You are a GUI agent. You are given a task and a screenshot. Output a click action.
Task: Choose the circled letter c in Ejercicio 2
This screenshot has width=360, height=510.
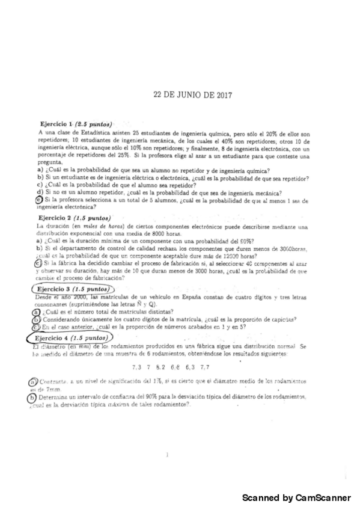pyautogui.click(x=39, y=263)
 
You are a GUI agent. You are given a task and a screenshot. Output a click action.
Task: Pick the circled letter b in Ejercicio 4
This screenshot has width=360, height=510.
pyautogui.click(x=31, y=397)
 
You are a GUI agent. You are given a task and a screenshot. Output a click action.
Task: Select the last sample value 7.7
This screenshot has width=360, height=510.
pyautogui.click(x=205, y=367)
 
